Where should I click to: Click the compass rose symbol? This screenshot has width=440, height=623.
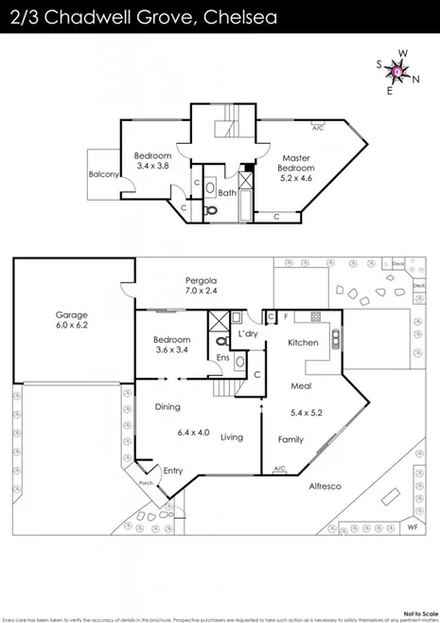[398, 71]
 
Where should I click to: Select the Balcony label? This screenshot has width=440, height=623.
[103, 174]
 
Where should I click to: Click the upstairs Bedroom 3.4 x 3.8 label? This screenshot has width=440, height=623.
[152, 160]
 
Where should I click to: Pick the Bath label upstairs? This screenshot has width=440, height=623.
[227, 193]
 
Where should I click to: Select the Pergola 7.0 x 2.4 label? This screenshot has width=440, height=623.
[201, 286]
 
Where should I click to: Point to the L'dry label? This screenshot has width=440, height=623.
[248, 335]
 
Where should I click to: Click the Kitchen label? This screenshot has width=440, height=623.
[303, 342]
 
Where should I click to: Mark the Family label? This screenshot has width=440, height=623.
[290, 439]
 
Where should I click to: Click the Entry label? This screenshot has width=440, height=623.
[172, 471]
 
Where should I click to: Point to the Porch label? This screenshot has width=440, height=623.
[146, 483]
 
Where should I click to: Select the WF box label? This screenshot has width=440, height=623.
[412, 525]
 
